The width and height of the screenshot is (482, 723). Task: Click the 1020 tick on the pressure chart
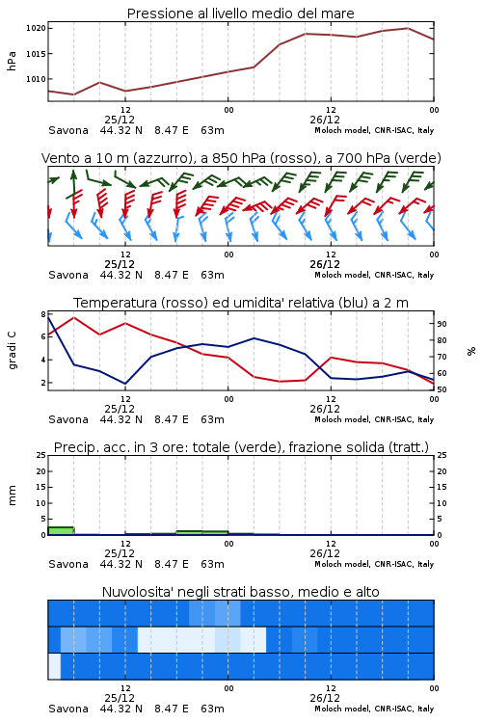(x=36, y=28)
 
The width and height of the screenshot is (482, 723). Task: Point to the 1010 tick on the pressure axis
(x=36, y=79)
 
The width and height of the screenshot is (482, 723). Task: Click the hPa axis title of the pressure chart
(x=12, y=61)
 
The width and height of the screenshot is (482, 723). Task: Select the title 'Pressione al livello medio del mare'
(x=241, y=13)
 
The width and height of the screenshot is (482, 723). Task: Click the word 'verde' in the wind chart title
(x=417, y=158)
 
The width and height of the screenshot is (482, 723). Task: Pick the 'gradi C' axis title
(x=12, y=351)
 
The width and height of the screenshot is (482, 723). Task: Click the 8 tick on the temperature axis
(x=43, y=314)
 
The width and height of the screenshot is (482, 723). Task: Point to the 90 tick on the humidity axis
(x=442, y=324)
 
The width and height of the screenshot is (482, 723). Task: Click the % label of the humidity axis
(x=471, y=351)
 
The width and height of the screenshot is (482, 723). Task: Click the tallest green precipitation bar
(x=61, y=531)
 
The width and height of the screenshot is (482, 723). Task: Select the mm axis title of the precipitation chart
(x=12, y=495)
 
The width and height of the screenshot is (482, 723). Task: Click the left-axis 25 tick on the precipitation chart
(x=41, y=455)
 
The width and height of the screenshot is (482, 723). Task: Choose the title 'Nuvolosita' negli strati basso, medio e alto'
(x=240, y=592)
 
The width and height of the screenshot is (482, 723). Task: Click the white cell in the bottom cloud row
(x=54, y=666)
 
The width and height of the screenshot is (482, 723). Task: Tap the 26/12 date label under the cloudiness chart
(x=325, y=698)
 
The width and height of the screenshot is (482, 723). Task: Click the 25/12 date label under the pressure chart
(x=120, y=120)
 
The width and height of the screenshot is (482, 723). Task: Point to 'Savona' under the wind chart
(x=68, y=275)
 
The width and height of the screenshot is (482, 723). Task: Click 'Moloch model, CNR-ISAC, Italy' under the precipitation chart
(x=374, y=564)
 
